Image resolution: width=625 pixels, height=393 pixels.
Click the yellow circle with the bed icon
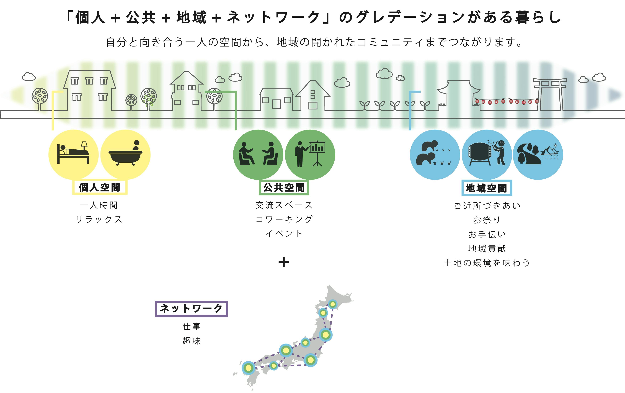point(73,155)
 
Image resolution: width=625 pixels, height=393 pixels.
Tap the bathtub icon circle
point(125,155)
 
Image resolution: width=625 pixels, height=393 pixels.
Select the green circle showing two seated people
point(258,155)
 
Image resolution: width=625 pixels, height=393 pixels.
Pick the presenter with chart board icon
point(310,155)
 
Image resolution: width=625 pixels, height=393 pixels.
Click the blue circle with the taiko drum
point(487,155)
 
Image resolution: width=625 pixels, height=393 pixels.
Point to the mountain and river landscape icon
point(538,155)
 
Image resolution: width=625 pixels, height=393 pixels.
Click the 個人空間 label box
point(100,187)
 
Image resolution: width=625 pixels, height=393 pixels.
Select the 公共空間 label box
point(284,188)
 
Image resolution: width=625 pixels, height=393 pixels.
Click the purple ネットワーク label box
point(191,309)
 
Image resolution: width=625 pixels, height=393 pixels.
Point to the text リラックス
point(99,220)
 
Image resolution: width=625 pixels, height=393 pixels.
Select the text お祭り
point(487,220)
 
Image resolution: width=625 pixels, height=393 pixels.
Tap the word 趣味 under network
point(192,341)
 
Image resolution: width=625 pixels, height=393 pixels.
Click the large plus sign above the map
point(284,262)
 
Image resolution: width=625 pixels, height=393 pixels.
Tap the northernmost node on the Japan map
point(332,304)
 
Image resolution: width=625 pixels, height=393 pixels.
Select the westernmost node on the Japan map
point(248,368)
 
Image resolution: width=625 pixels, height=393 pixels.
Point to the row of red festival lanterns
point(506,101)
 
